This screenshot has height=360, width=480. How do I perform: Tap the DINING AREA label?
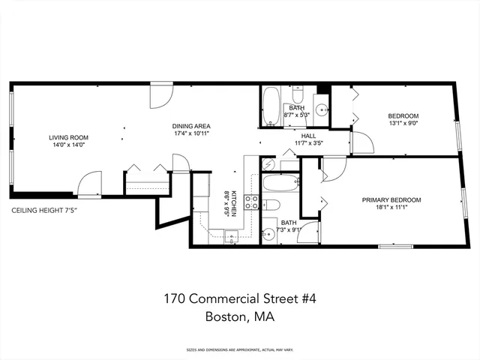point(192,125)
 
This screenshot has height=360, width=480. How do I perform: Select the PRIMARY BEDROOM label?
point(391,199)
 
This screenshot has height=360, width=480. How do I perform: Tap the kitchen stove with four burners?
point(253,202)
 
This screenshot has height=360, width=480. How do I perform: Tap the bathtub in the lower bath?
point(280,182)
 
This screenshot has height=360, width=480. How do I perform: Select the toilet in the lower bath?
point(271,205)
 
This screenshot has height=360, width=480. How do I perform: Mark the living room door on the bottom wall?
point(90,185)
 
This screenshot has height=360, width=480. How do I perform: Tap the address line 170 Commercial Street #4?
point(240,298)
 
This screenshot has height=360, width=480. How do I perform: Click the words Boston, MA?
point(240,317)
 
